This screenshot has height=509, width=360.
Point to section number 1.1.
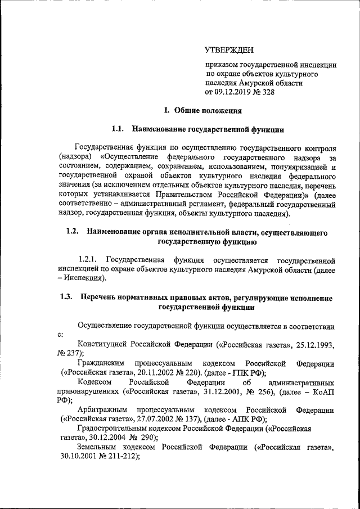(x=118, y=129)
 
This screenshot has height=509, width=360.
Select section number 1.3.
(x=67, y=298)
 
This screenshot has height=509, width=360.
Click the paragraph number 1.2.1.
(x=89, y=259)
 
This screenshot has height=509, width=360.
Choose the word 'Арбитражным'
(x=102, y=409)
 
